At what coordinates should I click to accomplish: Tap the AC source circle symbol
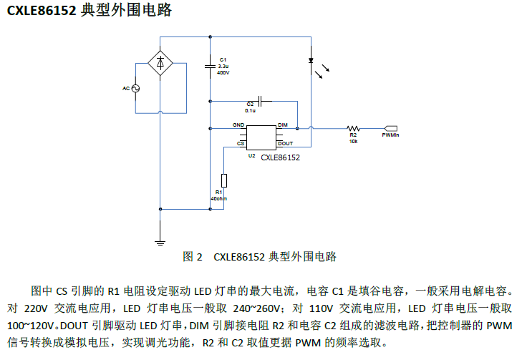(134, 88)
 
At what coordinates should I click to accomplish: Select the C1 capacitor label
(223, 59)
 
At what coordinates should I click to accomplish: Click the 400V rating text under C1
(223, 72)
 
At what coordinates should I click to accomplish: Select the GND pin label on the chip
(238, 125)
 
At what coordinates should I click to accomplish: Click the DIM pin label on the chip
(283, 125)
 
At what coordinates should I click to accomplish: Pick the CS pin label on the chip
(241, 143)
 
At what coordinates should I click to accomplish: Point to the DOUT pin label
(285, 143)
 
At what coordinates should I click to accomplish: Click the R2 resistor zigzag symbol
(353, 128)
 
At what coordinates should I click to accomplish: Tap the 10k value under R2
(353, 141)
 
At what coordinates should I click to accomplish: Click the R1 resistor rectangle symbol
(224, 180)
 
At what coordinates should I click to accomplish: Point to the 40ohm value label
(220, 198)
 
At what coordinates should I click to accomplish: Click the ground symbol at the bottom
(160, 241)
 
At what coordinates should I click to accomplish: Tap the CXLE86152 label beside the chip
(280, 157)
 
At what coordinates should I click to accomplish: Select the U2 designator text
(251, 155)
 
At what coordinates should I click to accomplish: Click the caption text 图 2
(193, 256)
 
